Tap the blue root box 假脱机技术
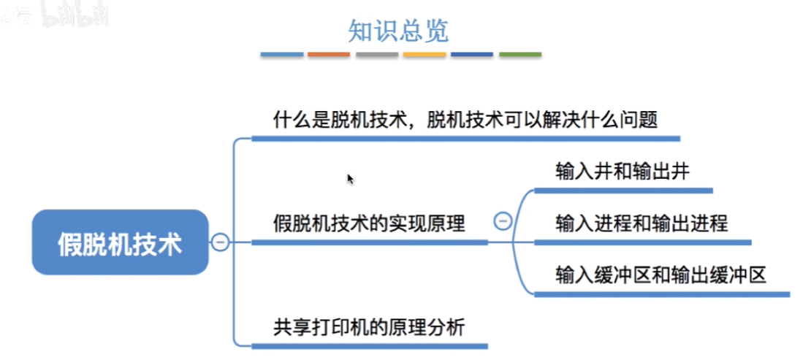coord(120,243)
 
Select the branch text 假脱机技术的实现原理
coord(369,223)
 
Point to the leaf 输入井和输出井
coord(622,172)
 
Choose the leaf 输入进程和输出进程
coord(641,223)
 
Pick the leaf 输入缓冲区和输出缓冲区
coord(660,275)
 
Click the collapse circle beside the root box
coord(220,242)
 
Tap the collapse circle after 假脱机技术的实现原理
coord(503,221)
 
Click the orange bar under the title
coord(329,55)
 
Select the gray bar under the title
coord(377,55)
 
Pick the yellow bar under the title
coord(424,55)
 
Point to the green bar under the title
coord(520,55)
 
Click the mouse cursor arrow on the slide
coord(350,178)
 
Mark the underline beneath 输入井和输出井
coord(623,191)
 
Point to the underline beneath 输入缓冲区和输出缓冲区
coord(662,295)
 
